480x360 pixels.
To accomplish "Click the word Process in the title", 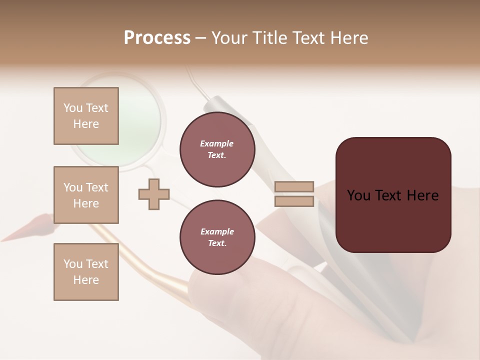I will coord(157,38).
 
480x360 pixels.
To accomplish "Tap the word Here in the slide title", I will coord(348,38).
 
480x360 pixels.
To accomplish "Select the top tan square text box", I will coord(86,116).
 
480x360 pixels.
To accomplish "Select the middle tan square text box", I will coord(86,195).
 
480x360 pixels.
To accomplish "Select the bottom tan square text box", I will coord(86,272).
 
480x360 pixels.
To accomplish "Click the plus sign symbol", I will coord(154,194).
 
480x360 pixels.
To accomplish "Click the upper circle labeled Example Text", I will coord(217,149).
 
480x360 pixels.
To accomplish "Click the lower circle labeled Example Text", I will coord(217,237).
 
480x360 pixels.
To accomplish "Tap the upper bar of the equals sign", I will coord(294,187).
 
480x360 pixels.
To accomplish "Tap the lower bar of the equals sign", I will coord(294,201).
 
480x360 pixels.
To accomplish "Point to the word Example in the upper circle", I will coord(217,144).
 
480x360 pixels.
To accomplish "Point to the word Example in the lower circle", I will coord(217,231).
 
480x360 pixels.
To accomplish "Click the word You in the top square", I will coord(73,108).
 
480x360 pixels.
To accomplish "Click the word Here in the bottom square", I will coord(86,280).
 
